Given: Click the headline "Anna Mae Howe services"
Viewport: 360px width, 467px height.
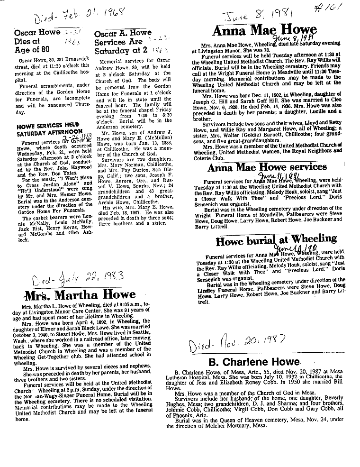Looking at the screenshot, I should coord(267,167).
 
